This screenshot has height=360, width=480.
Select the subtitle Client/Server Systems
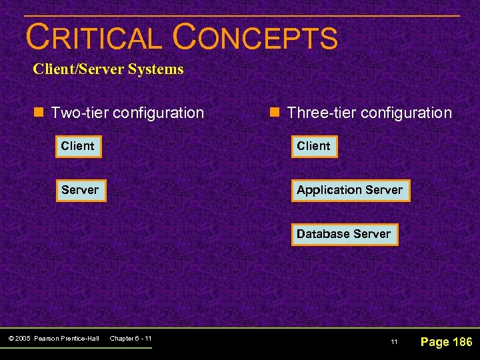(x=108, y=69)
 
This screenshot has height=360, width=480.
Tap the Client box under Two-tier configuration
(x=78, y=146)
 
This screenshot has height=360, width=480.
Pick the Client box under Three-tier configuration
(x=314, y=146)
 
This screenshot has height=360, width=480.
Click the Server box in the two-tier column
(x=80, y=190)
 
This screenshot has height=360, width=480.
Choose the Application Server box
(x=350, y=190)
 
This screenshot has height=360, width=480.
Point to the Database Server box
(x=344, y=234)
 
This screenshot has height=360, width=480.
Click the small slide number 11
(x=394, y=343)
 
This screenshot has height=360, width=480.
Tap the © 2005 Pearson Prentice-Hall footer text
(x=54, y=339)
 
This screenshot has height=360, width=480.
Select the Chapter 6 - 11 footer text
(x=131, y=339)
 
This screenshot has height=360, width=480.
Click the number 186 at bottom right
(x=461, y=342)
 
